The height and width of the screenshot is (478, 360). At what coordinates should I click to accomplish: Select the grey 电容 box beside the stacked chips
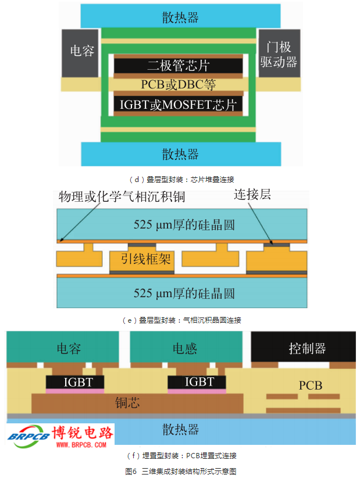82,52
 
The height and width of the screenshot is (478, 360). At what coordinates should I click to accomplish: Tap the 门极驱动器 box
279,53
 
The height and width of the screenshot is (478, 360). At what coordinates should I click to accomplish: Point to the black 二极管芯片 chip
178,66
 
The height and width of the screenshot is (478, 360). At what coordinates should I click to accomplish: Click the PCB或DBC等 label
178,85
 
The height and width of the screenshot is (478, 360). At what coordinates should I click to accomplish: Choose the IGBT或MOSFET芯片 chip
178,105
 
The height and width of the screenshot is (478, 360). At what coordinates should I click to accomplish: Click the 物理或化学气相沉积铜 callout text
122,197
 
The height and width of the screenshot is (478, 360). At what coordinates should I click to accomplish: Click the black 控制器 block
307,348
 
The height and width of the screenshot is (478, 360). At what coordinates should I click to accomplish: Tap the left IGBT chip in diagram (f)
76,382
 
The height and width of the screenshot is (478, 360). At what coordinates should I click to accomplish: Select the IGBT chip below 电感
199,382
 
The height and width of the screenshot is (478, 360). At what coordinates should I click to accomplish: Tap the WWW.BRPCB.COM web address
81,445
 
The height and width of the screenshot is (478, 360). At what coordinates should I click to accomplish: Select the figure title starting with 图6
180,471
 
